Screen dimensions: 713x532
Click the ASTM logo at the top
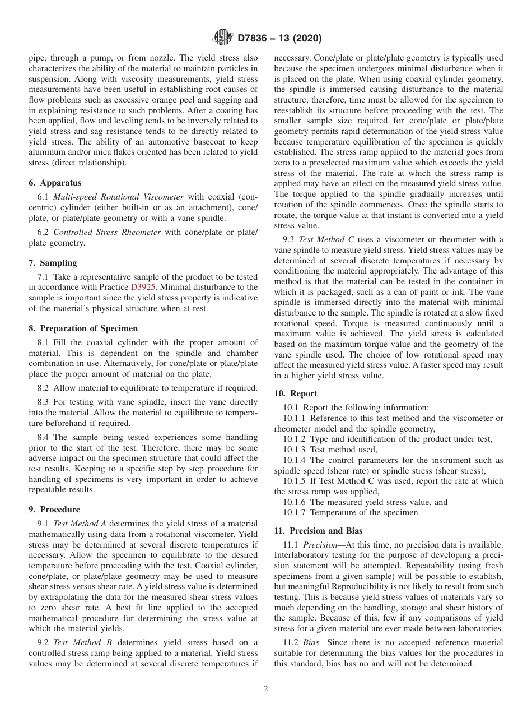pyautogui.click(x=223, y=38)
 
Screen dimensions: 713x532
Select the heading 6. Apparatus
pyautogui.click(x=55, y=183)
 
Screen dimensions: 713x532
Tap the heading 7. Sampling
pyautogui.click(x=53, y=263)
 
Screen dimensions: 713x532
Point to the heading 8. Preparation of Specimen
pyautogui.click(x=83, y=328)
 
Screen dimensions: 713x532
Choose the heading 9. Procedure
pyautogui.click(x=54, y=510)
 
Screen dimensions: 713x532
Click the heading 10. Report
pyautogui.click(x=296, y=393)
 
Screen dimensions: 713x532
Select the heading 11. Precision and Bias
pyautogui.click(x=318, y=530)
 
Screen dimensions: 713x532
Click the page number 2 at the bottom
pyautogui.click(x=266, y=689)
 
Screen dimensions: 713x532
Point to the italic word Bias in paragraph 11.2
pyautogui.click(x=312, y=642)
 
